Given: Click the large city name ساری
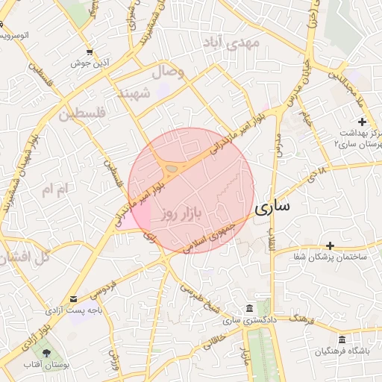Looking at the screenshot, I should click(x=273, y=208).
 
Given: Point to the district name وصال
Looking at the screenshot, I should click(x=168, y=72).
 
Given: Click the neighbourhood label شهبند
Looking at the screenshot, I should click(x=135, y=93).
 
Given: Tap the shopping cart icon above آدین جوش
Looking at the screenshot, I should click(x=90, y=52).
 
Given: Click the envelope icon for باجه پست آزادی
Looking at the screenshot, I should click(x=72, y=299).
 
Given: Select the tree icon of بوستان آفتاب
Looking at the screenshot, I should click(x=48, y=353).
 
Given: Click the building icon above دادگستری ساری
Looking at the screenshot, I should click(x=248, y=309).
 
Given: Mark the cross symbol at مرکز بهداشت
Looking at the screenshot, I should click(x=363, y=122).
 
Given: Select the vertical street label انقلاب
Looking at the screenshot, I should click(x=272, y=239).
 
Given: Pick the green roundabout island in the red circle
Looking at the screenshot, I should click(x=172, y=169).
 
